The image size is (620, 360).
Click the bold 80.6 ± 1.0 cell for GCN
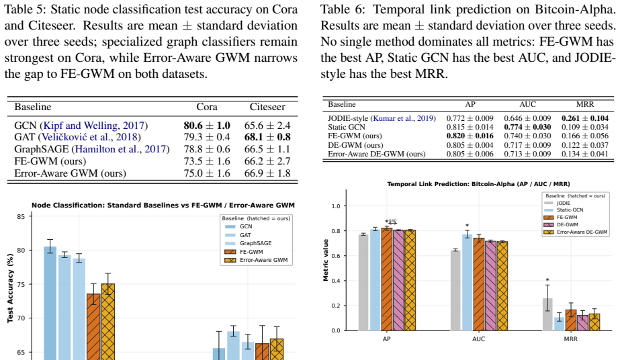[x=207, y=126]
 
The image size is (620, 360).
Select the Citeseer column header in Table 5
[x=267, y=107]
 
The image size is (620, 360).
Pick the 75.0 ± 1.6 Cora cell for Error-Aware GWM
[x=207, y=173]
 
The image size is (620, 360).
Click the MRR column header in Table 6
[x=585, y=104]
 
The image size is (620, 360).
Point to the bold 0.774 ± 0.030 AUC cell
[x=527, y=127]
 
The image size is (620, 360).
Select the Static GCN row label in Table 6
[x=347, y=127]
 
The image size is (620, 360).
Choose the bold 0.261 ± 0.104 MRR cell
[x=585, y=118]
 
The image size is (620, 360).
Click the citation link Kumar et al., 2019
[x=403, y=118]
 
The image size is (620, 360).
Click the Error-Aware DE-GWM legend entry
[x=576, y=232]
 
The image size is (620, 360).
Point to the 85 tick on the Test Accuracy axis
[x=21, y=216]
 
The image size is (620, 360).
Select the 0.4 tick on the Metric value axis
[x=336, y=281]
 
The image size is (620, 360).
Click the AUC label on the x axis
[x=478, y=339]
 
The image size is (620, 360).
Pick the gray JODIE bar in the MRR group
[x=547, y=314]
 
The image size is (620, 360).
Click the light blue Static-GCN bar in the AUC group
[x=467, y=282]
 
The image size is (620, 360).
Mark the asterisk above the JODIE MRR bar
[x=547, y=280]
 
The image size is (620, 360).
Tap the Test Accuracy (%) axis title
[x=10, y=289]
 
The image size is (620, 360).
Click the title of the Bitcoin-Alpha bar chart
[x=478, y=184]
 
